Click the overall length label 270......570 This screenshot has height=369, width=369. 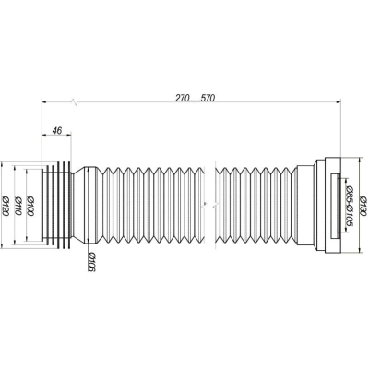(196, 98)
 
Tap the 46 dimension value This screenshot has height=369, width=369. (56, 130)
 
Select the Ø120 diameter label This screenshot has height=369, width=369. (6, 206)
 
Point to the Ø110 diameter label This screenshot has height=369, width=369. (18, 206)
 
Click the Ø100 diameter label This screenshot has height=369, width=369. (30, 206)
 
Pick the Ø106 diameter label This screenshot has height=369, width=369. (91, 262)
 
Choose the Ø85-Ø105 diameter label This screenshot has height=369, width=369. (349, 206)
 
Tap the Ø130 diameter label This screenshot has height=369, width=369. (363, 206)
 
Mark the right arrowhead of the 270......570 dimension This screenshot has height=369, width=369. (339, 101)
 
